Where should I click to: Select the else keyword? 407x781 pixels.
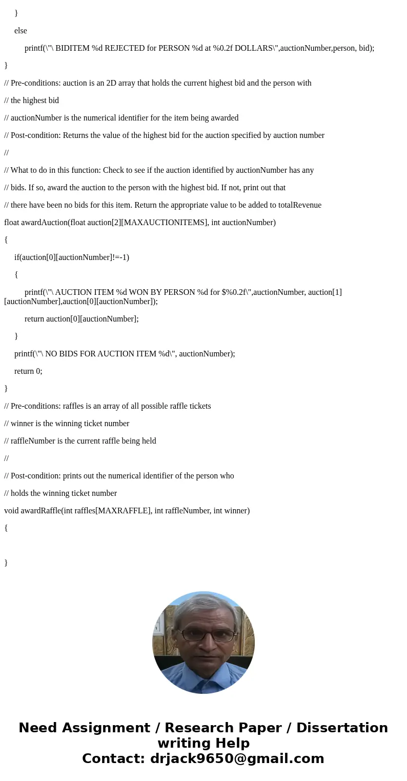(x=21, y=31)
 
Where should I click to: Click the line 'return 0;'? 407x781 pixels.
(x=28, y=371)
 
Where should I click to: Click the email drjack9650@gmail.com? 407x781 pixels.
(x=237, y=758)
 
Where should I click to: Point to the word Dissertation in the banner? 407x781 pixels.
(x=342, y=728)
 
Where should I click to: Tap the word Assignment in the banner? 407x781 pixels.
(x=107, y=728)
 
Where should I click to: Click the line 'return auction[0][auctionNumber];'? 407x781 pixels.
(x=82, y=319)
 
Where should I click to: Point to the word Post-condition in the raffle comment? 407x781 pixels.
(x=35, y=476)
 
